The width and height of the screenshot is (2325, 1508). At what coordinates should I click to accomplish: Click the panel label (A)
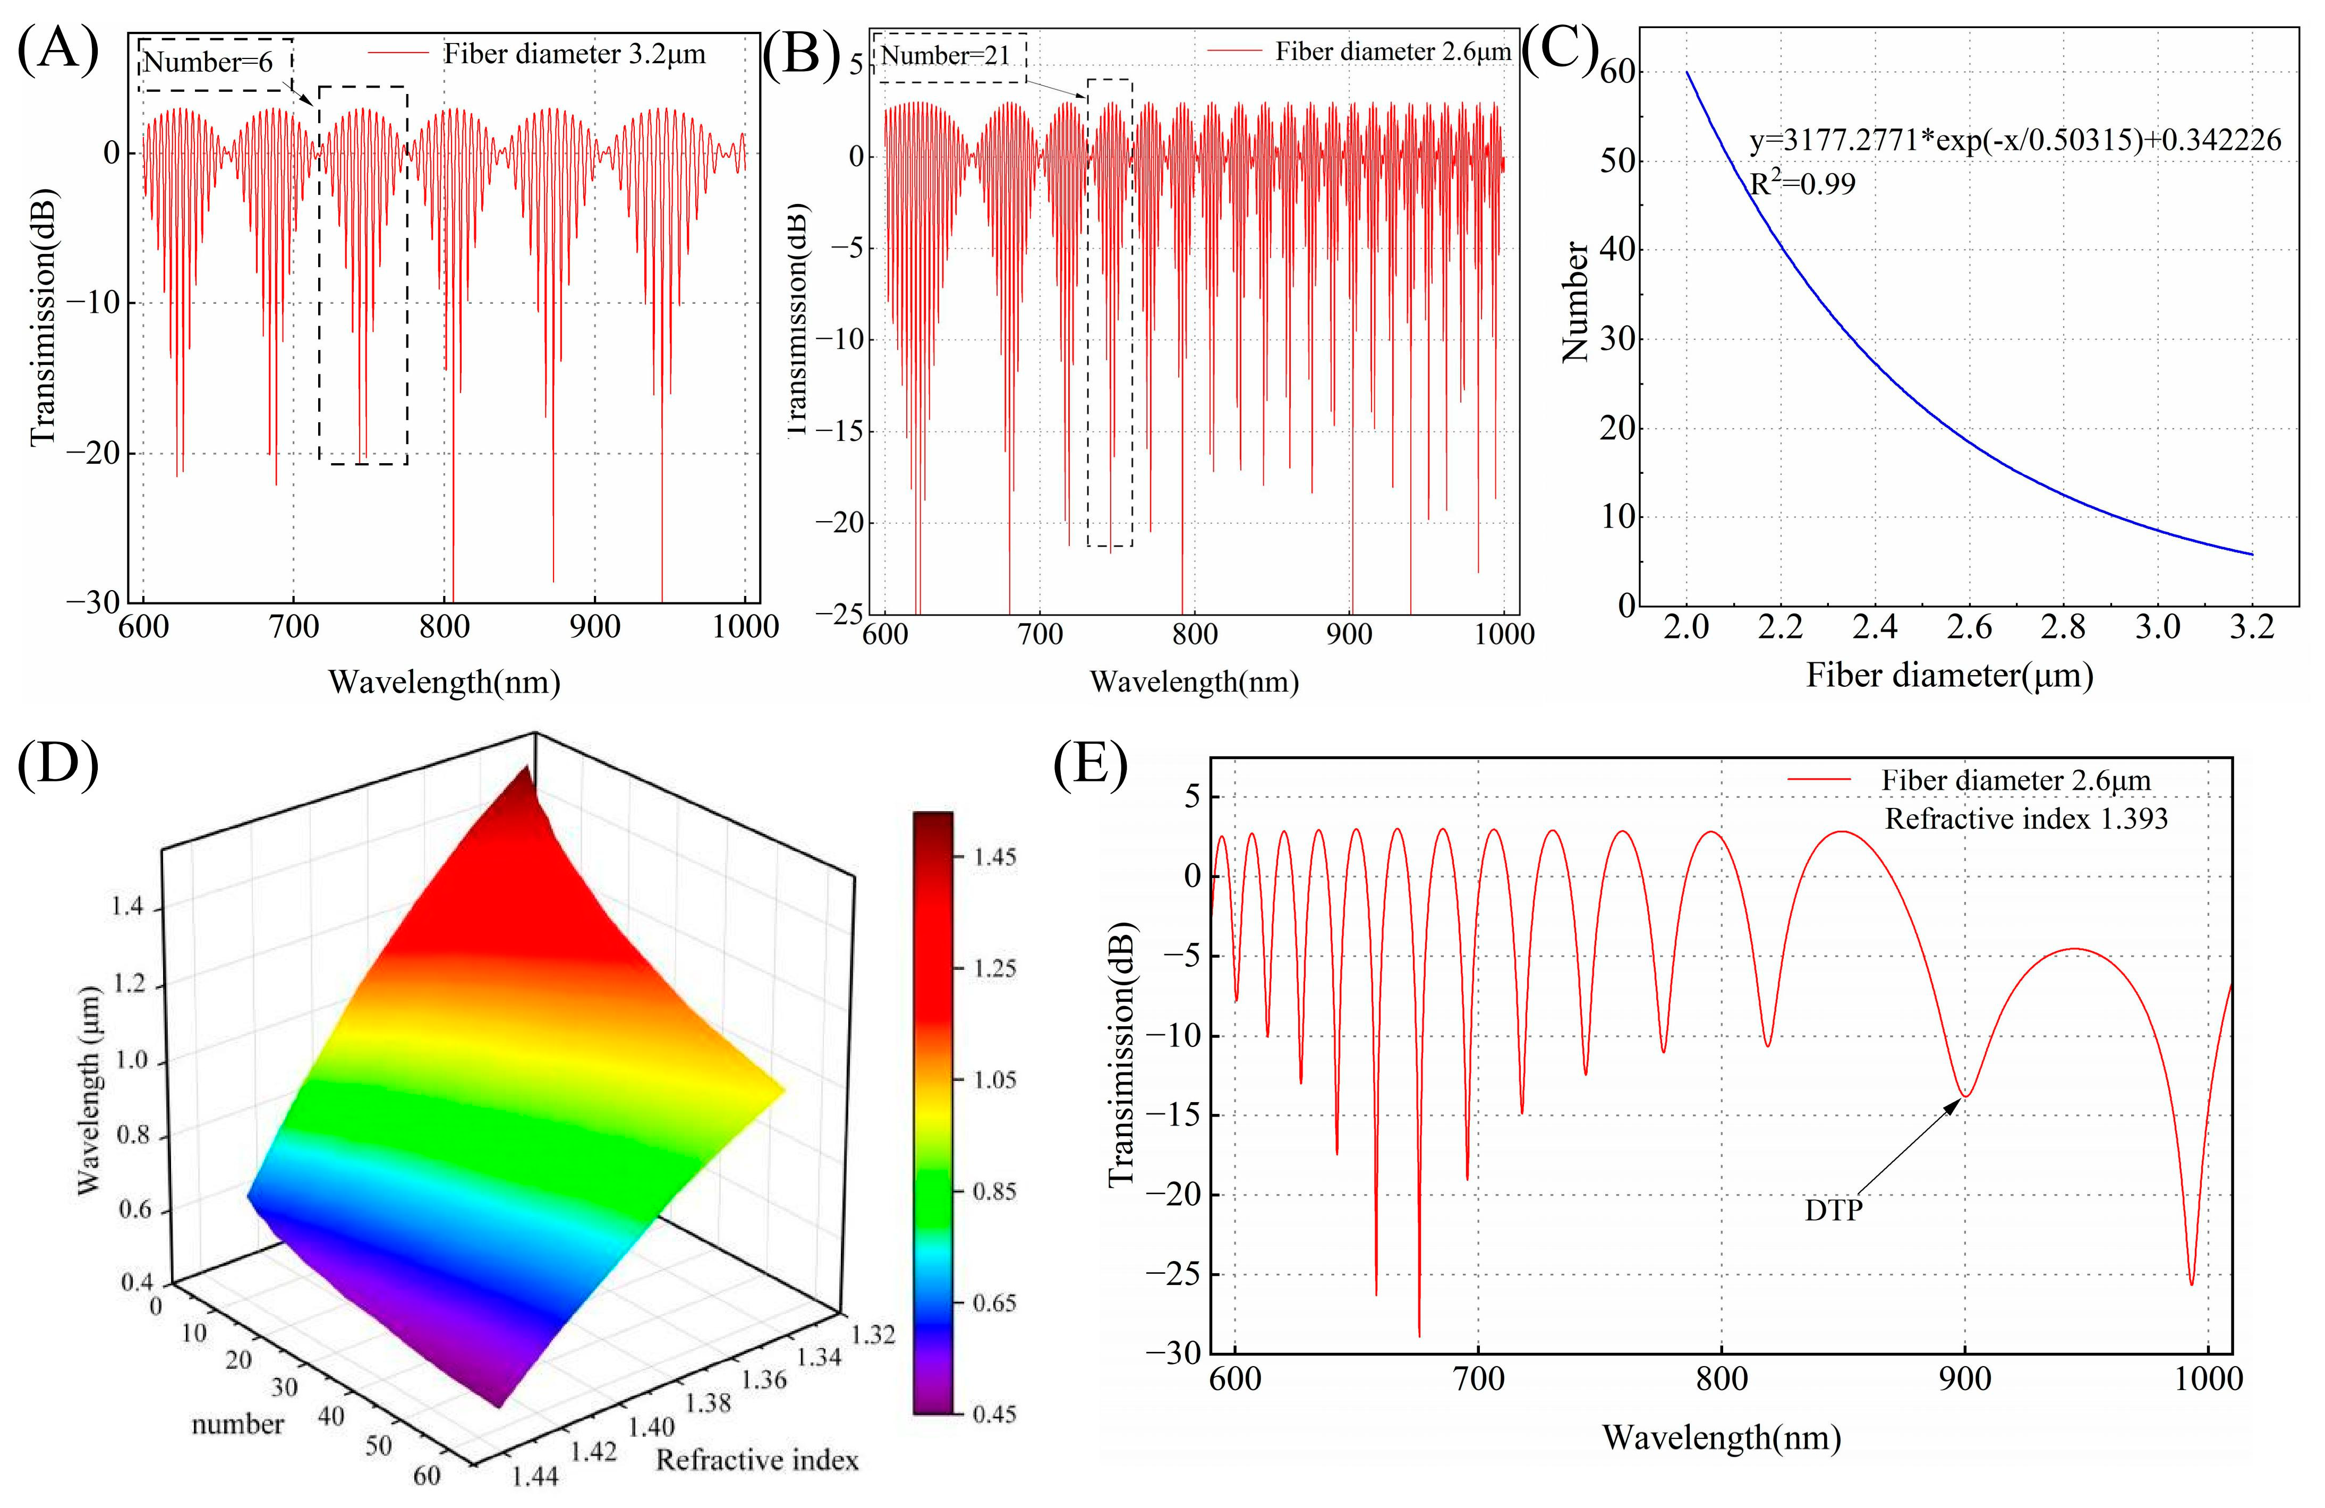58,51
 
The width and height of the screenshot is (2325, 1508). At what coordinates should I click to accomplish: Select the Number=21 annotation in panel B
946,56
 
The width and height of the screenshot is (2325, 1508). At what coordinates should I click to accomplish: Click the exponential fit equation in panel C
2014,141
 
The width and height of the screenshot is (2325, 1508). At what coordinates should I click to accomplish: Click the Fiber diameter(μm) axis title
1949,675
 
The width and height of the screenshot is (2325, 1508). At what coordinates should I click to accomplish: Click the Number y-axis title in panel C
1575,303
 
